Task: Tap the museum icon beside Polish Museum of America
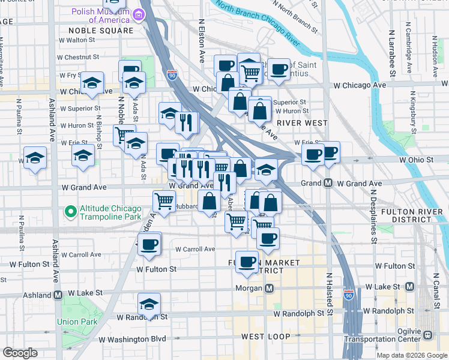pyautogui.click(x=139, y=14)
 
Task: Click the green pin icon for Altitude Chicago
pyautogui.click(x=70, y=212)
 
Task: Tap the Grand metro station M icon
pyautogui.click(x=328, y=183)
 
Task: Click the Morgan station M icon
pyautogui.click(x=270, y=288)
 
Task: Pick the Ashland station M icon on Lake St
pyautogui.click(x=58, y=295)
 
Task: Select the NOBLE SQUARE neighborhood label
pyautogui.click(x=100, y=30)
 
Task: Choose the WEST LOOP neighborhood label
pyautogui.click(x=266, y=337)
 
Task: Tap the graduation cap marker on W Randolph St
pyautogui.click(x=149, y=304)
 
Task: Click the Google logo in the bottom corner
pyautogui.click(x=20, y=353)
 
